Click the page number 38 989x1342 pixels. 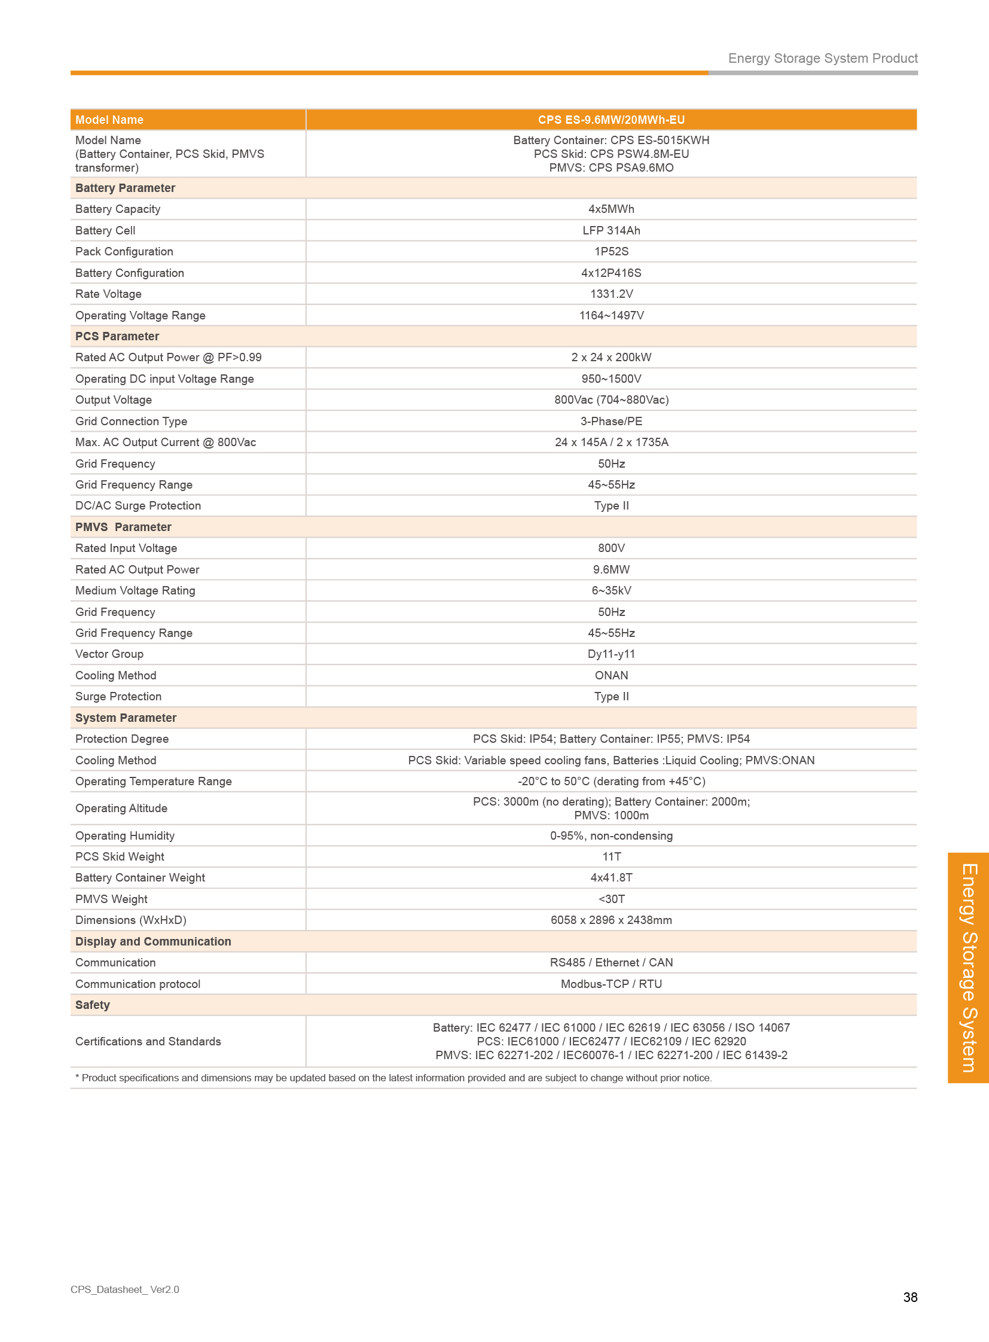[x=909, y=1297]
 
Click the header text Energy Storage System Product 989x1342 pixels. [x=822, y=58]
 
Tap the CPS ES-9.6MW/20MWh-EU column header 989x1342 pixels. [x=611, y=120]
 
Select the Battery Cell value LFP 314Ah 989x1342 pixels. [x=611, y=231]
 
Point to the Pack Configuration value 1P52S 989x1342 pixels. [x=611, y=252]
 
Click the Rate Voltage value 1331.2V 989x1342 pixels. [x=611, y=294]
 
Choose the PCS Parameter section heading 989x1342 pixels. [x=117, y=337]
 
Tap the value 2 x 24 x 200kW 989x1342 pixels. [x=611, y=358]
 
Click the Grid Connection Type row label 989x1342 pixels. [x=131, y=422]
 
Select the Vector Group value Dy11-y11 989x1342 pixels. [x=611, y=654]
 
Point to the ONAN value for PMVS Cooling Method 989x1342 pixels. [x=611, y=676]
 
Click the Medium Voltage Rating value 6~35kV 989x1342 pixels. [x=611, y=590]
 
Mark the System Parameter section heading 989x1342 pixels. [x=126, y=718]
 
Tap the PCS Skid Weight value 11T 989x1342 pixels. [x=611, y=856]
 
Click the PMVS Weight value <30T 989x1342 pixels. [x=611, y=899]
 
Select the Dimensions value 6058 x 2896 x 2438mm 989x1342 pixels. [x=611, y=920]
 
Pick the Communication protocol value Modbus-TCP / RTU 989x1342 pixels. [x=611, y=984]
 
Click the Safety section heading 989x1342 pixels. [x=93, y=1005]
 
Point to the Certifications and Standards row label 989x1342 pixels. [x=148, y=1041]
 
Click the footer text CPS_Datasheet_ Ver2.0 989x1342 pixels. [x=124, y=1289]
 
